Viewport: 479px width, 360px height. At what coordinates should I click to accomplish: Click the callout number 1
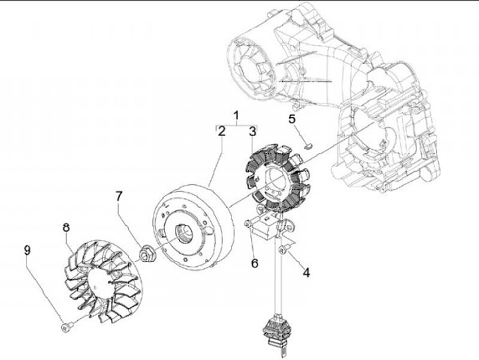[235, 114]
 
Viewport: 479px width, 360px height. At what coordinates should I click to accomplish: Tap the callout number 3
[252, 132]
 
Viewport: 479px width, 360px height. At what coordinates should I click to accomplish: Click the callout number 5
[292, 119]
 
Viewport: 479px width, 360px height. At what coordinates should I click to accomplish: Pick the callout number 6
[254, 263]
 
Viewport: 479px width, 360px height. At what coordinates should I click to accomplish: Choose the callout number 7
[119, 196]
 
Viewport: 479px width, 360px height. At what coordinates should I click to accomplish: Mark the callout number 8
[67, 228]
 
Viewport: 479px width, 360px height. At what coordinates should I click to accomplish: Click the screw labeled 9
[67, 326]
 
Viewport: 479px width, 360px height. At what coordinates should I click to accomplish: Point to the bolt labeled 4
[283, 250]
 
